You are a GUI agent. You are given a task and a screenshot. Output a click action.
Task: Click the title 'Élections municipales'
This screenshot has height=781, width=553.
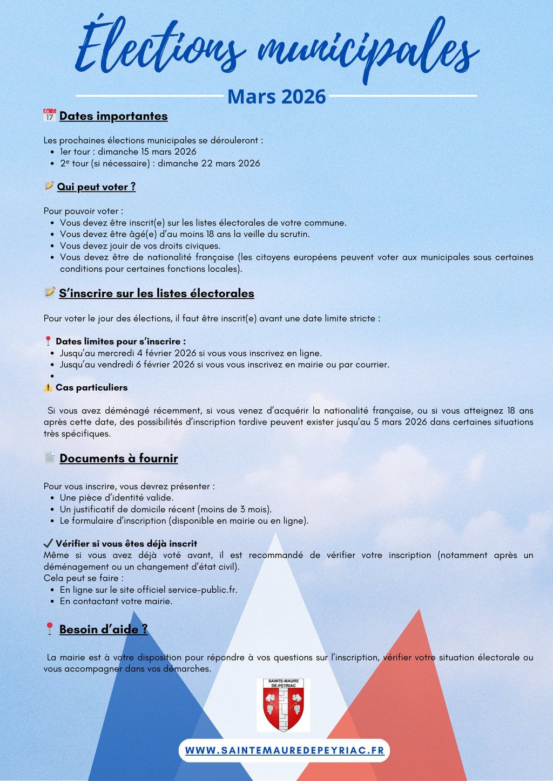pyautogui.click(x=276, y=49)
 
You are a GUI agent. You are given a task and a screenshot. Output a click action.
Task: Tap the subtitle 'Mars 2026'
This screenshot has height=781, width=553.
pyautogui.click(x=276, y=97)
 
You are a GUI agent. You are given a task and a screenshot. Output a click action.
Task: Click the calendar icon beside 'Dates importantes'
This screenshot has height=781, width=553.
pyautogui.click(x=50, y=115)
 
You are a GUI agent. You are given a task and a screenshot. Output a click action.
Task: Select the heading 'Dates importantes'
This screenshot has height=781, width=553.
pyautogui.click(x=113, y=116)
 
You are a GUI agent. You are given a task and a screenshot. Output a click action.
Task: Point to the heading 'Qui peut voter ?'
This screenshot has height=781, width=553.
pyautogui.click(x=96, y=187)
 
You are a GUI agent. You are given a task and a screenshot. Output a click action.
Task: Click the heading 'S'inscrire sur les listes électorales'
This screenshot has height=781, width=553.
pyautogui.click(x=157, y=293)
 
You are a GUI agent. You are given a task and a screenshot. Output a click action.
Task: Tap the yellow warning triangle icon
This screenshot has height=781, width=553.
pyautogui.click(x=48, y=387)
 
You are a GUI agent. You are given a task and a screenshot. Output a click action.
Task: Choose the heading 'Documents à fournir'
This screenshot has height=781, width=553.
pyautogui.click(x=119, y=458)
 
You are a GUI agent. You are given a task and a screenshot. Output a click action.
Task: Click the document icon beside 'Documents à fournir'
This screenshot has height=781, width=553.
pyautogui.click(x=50, y=457)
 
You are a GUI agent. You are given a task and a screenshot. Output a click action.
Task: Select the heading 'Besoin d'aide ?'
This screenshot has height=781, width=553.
pyautogui.click(x=103, y=629)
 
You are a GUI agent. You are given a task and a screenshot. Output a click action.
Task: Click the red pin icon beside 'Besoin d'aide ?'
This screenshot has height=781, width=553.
pyautogui.click(x=49, y=629)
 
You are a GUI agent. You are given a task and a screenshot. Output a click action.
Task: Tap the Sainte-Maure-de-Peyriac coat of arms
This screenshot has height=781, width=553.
pyautogui.click(x=283, y=705)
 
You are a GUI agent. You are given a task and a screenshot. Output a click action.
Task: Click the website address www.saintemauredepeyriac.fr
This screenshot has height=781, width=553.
pyautogui.click(x=285, y=751)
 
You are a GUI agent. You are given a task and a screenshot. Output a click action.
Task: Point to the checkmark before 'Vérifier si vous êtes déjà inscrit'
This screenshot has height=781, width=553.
pyautogui.click(x=48, y=543)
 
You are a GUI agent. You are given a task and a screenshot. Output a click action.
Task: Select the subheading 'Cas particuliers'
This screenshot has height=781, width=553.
pyautogui.click(x=92, y=387)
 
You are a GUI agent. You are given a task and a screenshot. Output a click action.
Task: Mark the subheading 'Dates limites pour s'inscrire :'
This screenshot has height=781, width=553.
pyautogui.click(x=120, y=341)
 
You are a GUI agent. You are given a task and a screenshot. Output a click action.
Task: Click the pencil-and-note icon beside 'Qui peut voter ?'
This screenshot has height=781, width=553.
pyautogui.click(x=49, y=186)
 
